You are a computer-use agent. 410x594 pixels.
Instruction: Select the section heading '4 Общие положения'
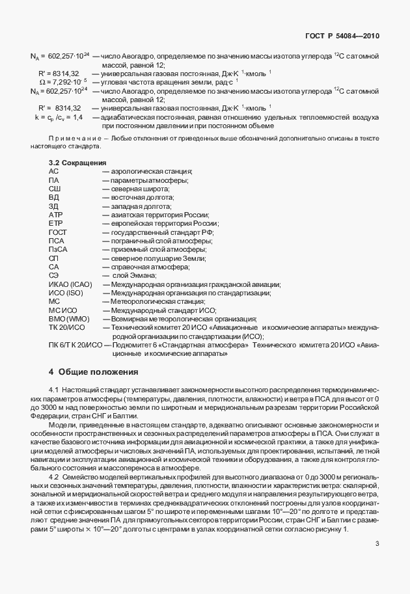[94, 372]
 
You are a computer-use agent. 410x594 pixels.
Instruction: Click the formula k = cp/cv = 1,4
[59, 117]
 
